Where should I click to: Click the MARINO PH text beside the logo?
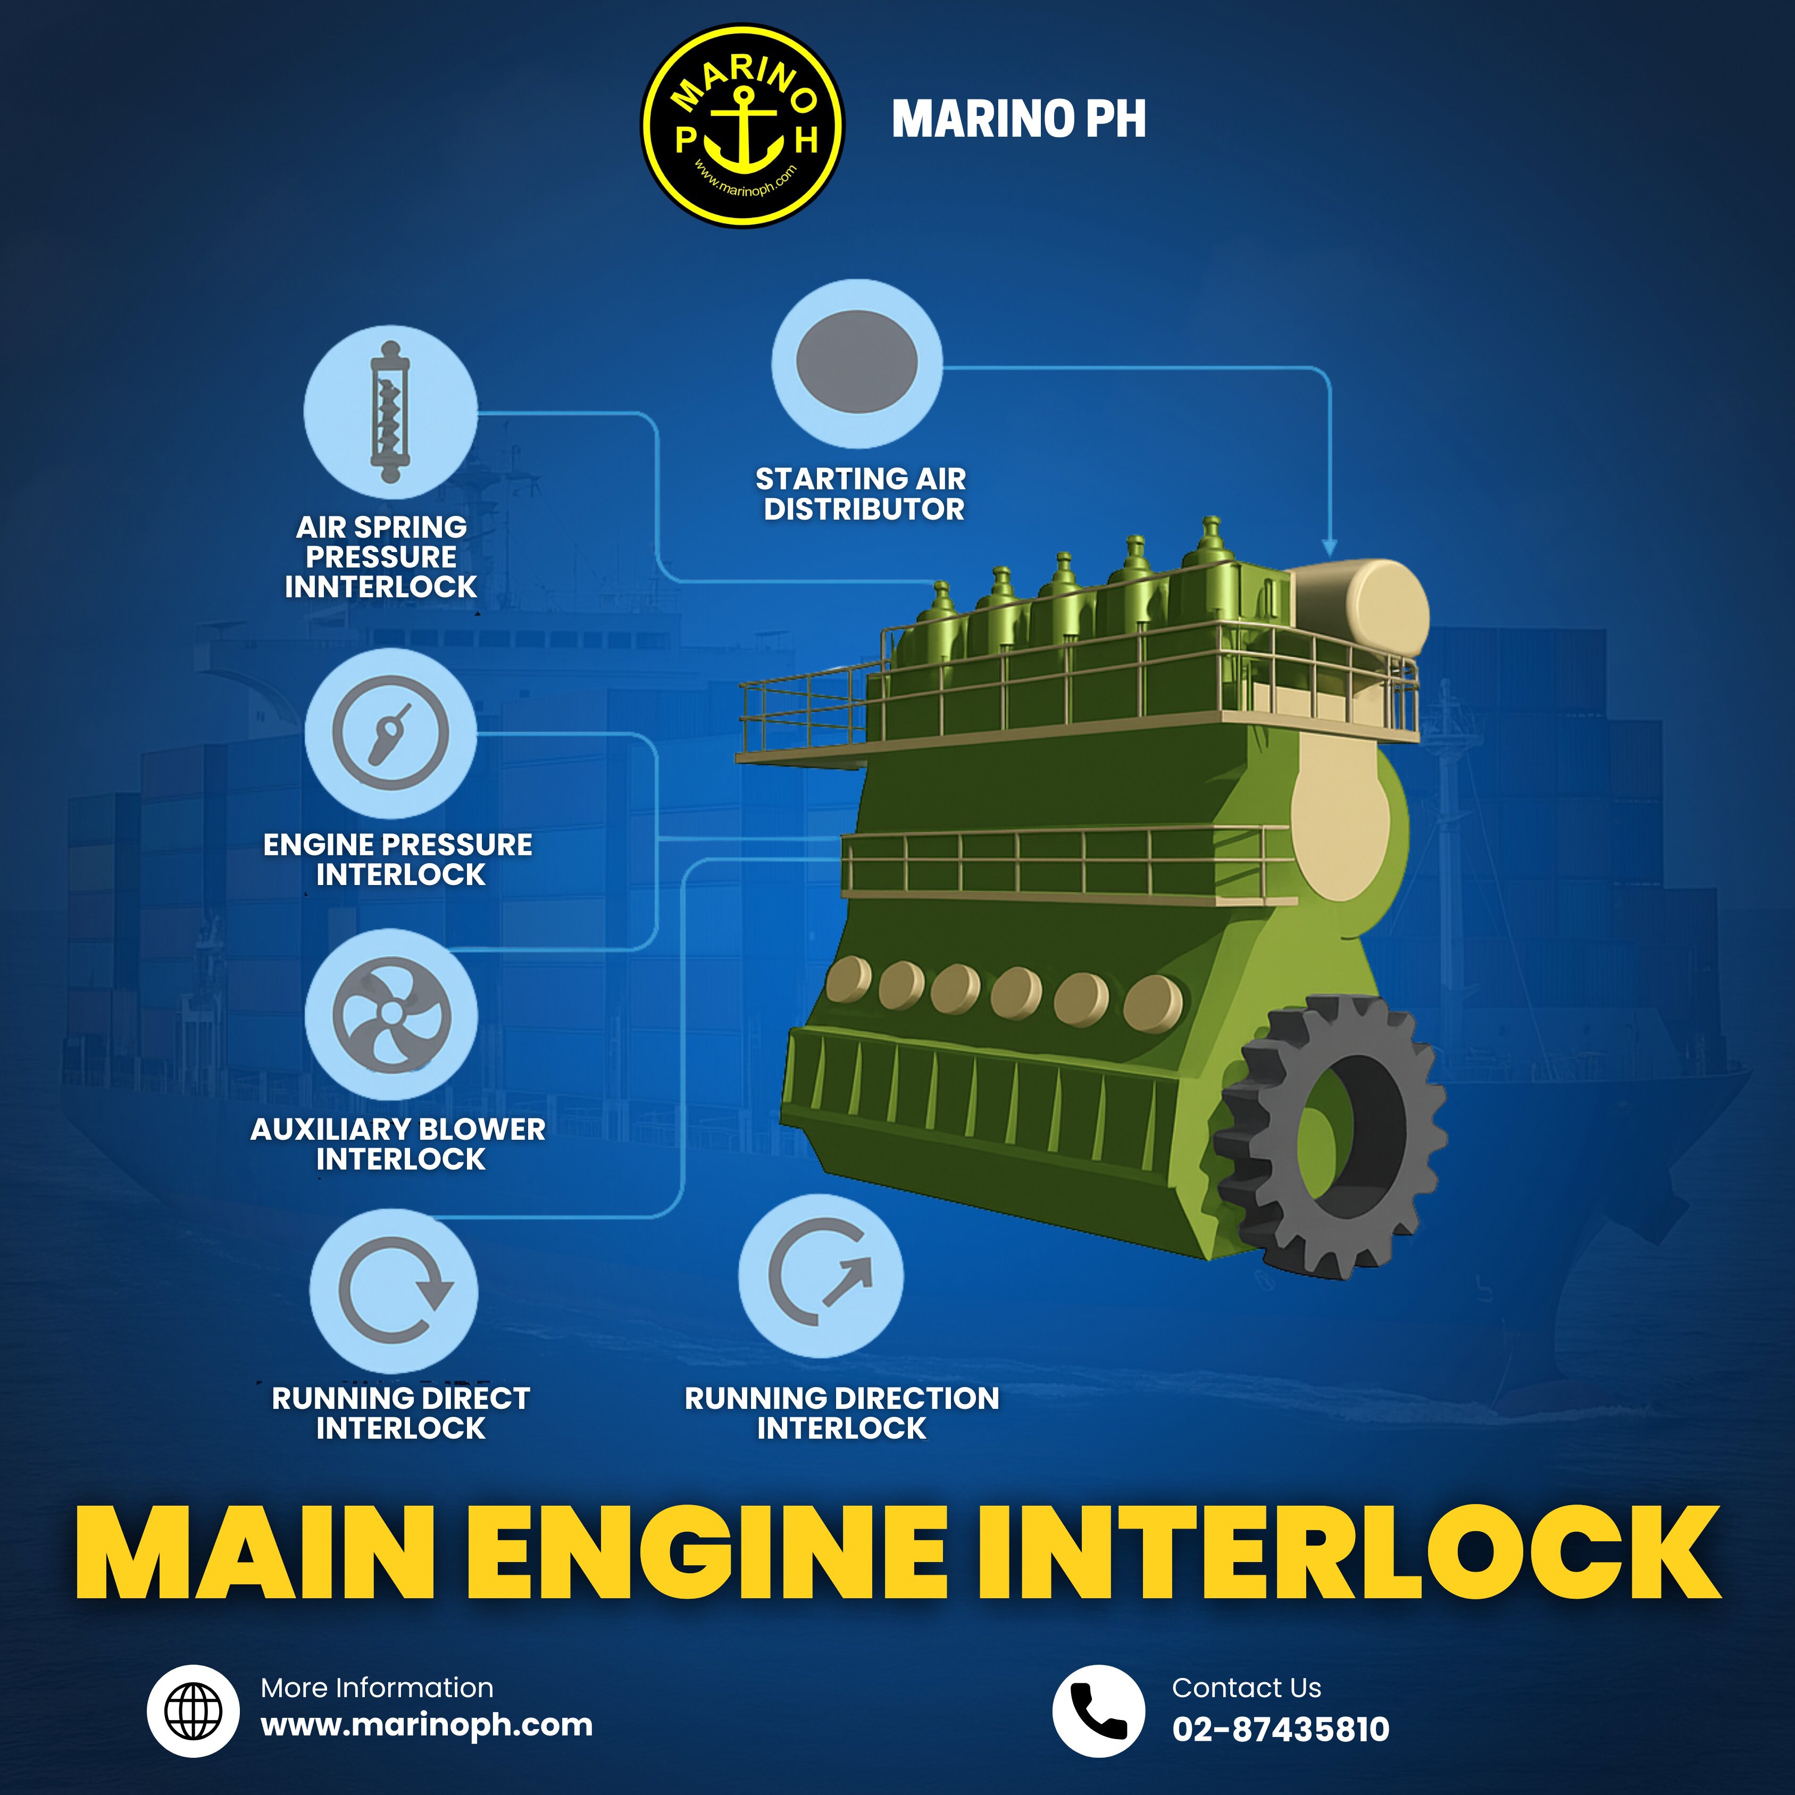tap(1018, 119)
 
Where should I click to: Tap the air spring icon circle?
tap(391, 412)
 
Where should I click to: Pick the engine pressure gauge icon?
tap(391, 734)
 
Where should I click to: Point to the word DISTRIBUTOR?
tap(864, 509)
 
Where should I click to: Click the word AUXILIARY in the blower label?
tap(324, 1130)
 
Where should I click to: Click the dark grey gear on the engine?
tap(1331, 1136)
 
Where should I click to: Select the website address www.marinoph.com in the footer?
tap(427, 1725)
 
